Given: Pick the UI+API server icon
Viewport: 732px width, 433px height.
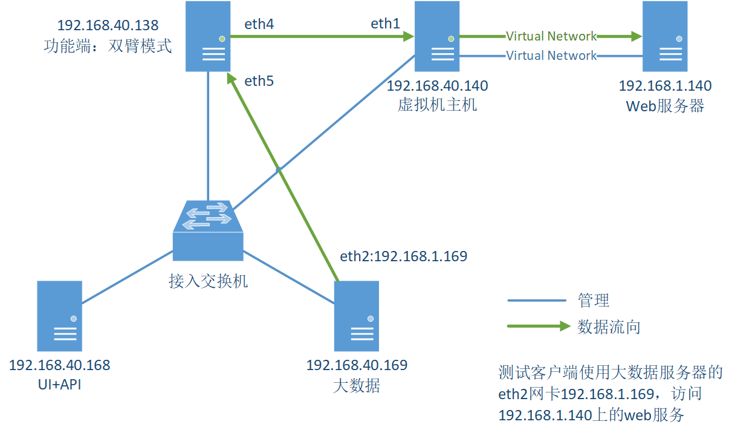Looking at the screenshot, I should (59, 316).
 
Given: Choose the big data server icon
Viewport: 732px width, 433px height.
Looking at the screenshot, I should (357, 316).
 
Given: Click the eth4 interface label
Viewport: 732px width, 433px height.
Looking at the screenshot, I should (259, 25).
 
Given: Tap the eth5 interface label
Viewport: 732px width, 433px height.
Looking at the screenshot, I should (259, 80).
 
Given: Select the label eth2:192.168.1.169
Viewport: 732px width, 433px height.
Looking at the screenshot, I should (403, 256).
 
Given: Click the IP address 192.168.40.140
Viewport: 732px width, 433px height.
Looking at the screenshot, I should (438, 86).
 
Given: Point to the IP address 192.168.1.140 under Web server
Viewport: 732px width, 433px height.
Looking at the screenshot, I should (665, 86).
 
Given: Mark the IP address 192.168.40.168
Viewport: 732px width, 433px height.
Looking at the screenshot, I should (60, 365).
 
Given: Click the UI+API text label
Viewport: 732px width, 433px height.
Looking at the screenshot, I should (59, 384).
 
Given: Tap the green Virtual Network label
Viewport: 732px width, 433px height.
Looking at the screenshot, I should (551, 36).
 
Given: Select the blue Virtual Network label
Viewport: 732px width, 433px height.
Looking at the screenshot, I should (551, 56).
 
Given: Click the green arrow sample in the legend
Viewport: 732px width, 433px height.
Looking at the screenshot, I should (538, 327).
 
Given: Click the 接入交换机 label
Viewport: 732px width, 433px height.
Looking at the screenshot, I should (208, 281).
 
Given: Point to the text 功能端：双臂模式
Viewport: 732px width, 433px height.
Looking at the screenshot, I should (108, 47).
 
